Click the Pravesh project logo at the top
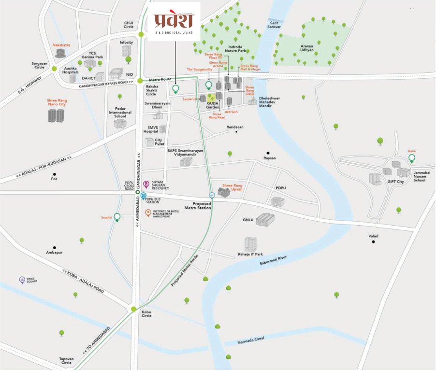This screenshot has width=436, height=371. pyautogui.click(x=174, y=21)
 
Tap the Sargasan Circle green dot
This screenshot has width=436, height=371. pyautogui.click(x=54, y=69)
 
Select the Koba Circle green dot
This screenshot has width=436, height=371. pyautogui.click(x=134, y=309)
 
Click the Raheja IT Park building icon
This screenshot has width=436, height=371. pyautogui.click(x=250, y=244)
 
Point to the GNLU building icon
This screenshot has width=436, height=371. pyautogui.click(x=265, y=220)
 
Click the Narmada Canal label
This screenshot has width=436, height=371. pyautogui.click(x=252, y=342)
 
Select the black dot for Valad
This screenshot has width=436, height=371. pyautogui.click(x=373, y=242)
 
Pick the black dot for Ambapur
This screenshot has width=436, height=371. pyautogui.click(x=55, y=247)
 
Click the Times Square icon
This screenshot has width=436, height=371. pyautogui.click(x=22, y=280)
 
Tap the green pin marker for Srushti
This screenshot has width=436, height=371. pyautogui.click(x=117, y=218)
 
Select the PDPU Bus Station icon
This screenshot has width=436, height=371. pyautogui.click(x=144, y=196)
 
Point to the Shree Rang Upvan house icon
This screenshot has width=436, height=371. pyautogui.click(x=224, y=192)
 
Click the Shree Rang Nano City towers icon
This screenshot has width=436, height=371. pyautogui.click(x=56, y=115)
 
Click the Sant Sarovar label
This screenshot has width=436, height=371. pyautogui.click(x=275, y=25)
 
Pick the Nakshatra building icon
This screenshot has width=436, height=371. pyautogui.click(x=60, y=53)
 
